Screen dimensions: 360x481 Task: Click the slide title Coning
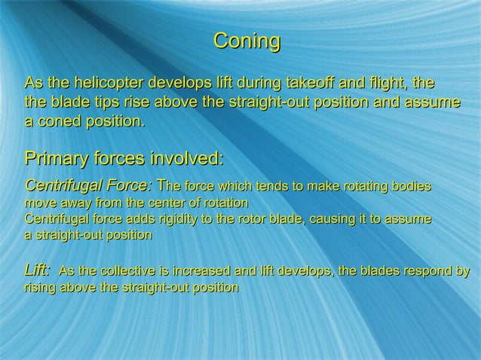pos(247,41)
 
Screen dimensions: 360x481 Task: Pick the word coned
pos(62,121)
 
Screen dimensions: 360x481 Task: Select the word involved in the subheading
pos(185,160)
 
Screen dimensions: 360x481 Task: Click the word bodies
pos(410,186)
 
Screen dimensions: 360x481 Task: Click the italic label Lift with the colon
pos(38,271)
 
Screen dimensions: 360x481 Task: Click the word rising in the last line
pos(41,288)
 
